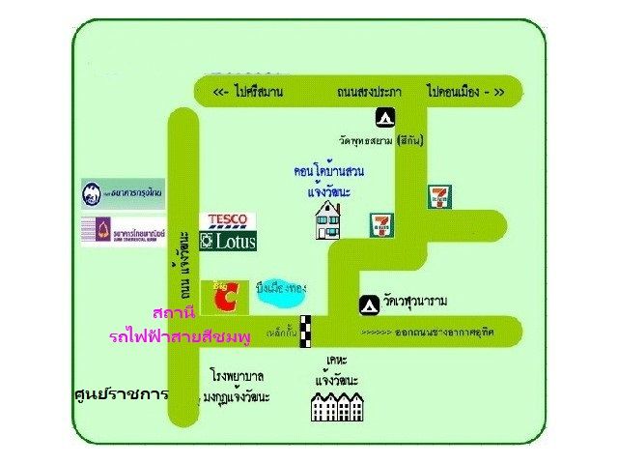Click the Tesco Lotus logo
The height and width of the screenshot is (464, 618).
228,232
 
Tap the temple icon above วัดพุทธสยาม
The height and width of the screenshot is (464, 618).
384,118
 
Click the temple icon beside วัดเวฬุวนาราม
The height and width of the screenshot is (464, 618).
368,303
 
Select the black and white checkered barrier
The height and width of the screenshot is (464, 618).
305,332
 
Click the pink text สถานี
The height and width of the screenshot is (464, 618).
175,314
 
